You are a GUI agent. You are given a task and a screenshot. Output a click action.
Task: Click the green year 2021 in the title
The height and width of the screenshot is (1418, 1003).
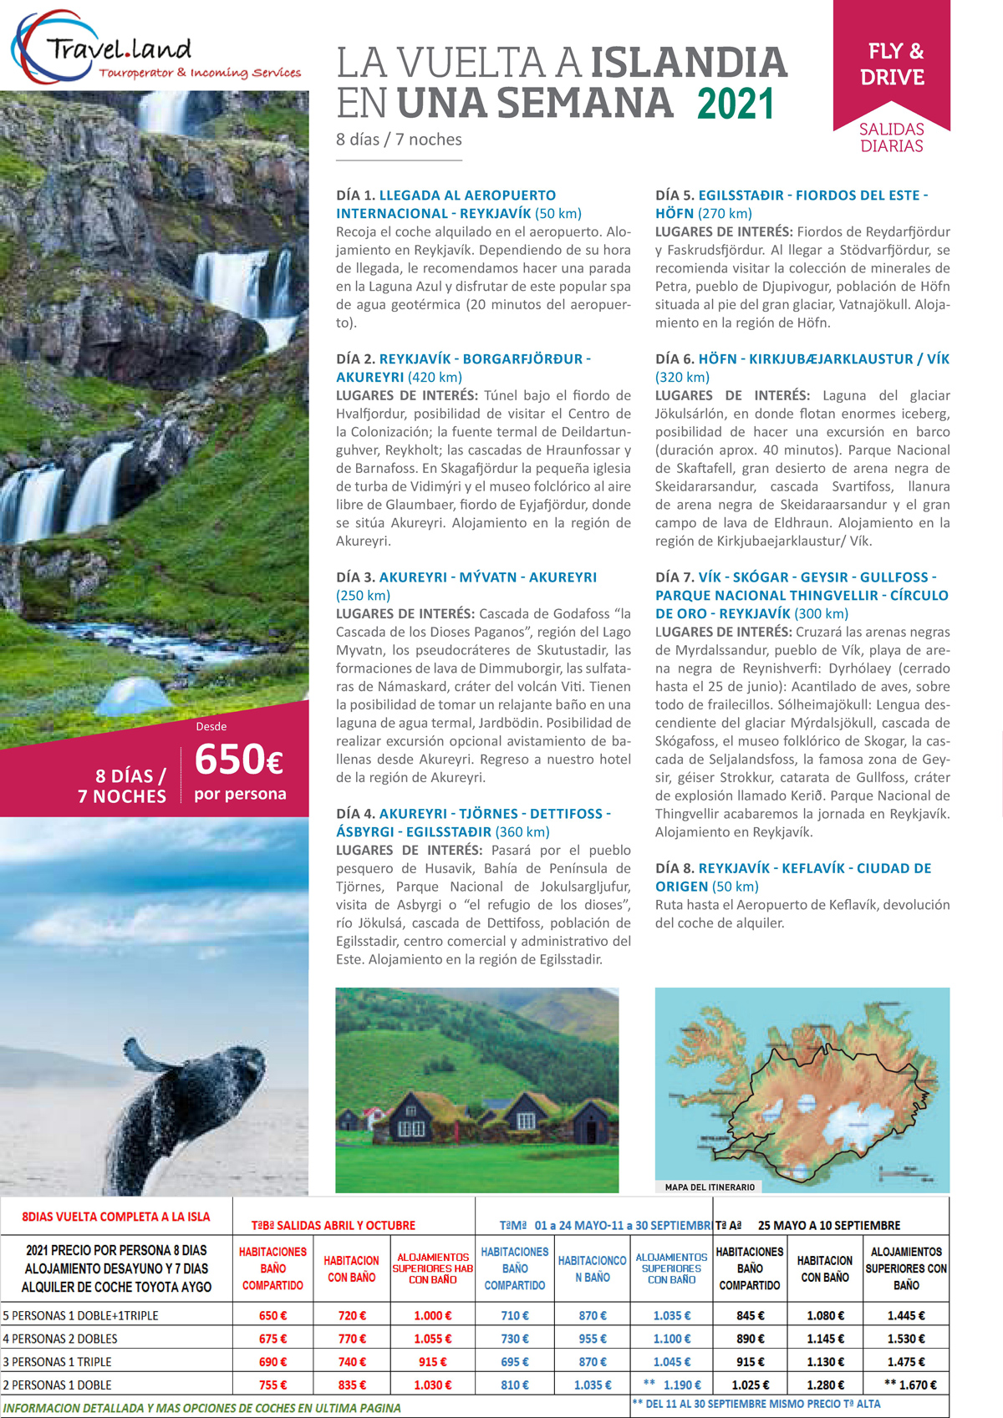[x=736, y=104]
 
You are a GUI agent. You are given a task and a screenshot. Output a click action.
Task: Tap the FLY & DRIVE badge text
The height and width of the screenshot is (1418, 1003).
[x=892, y=64]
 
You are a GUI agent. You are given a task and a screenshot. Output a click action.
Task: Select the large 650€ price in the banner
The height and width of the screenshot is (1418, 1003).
[x=238, y=760]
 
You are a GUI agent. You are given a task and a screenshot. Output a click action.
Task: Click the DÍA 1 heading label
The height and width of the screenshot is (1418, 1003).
[x=355, y=196]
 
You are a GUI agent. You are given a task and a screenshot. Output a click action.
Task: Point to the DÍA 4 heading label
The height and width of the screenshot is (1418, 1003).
[x=355, y=814]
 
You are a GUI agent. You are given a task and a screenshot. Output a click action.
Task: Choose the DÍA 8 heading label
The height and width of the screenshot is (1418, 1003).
[x=675, y=869]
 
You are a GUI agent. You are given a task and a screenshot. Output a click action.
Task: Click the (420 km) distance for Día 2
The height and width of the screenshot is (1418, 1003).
[x=435, y=378]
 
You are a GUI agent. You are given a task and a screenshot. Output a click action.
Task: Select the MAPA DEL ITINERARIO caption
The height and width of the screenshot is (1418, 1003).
[x=710, y=1187]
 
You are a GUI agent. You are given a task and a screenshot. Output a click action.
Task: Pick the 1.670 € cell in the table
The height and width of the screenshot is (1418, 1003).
[x=911, y=1385]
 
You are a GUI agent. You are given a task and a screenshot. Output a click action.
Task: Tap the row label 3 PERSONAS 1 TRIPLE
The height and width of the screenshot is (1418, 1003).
[x=58, y=1362]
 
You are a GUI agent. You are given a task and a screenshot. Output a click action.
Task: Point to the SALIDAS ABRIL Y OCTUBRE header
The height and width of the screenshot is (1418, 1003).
[x=333, y=1226]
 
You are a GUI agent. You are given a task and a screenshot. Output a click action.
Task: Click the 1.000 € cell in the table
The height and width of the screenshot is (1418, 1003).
[x=432, y=1316]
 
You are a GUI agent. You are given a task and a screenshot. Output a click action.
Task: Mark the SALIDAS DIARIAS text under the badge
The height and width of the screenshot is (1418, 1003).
[x=892, y=138]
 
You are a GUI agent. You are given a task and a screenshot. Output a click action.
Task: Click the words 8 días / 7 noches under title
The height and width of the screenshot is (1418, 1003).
[x=399, y=140]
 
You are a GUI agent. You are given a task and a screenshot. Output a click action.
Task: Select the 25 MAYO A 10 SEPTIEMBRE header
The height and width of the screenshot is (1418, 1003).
[x=828, y=1226]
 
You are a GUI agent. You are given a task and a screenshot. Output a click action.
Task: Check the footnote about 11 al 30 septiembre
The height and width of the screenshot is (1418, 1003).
[x=756, y=1404]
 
